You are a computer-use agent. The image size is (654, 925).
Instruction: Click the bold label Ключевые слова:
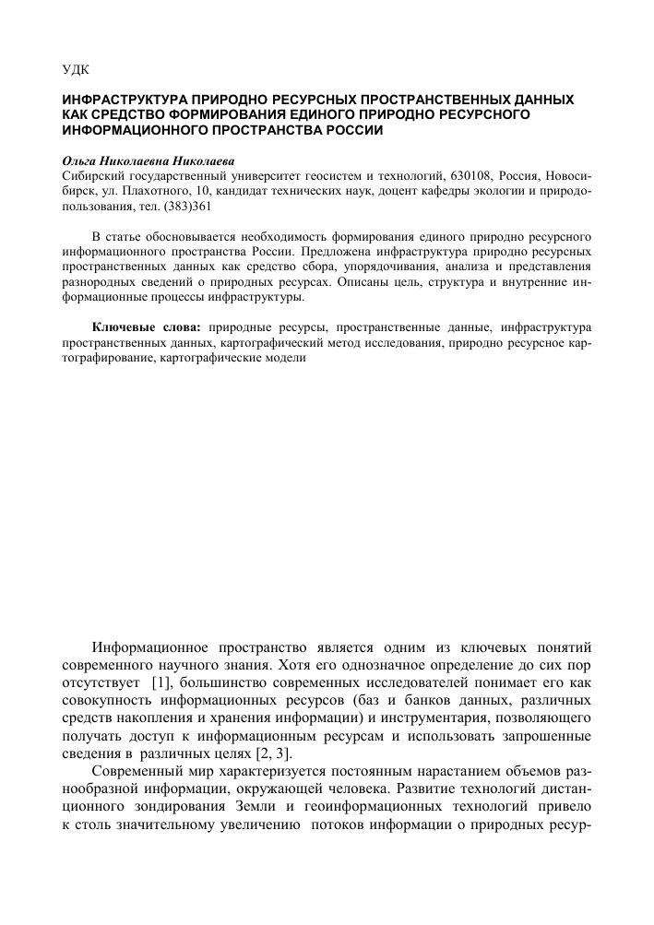(x=150, y=326)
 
